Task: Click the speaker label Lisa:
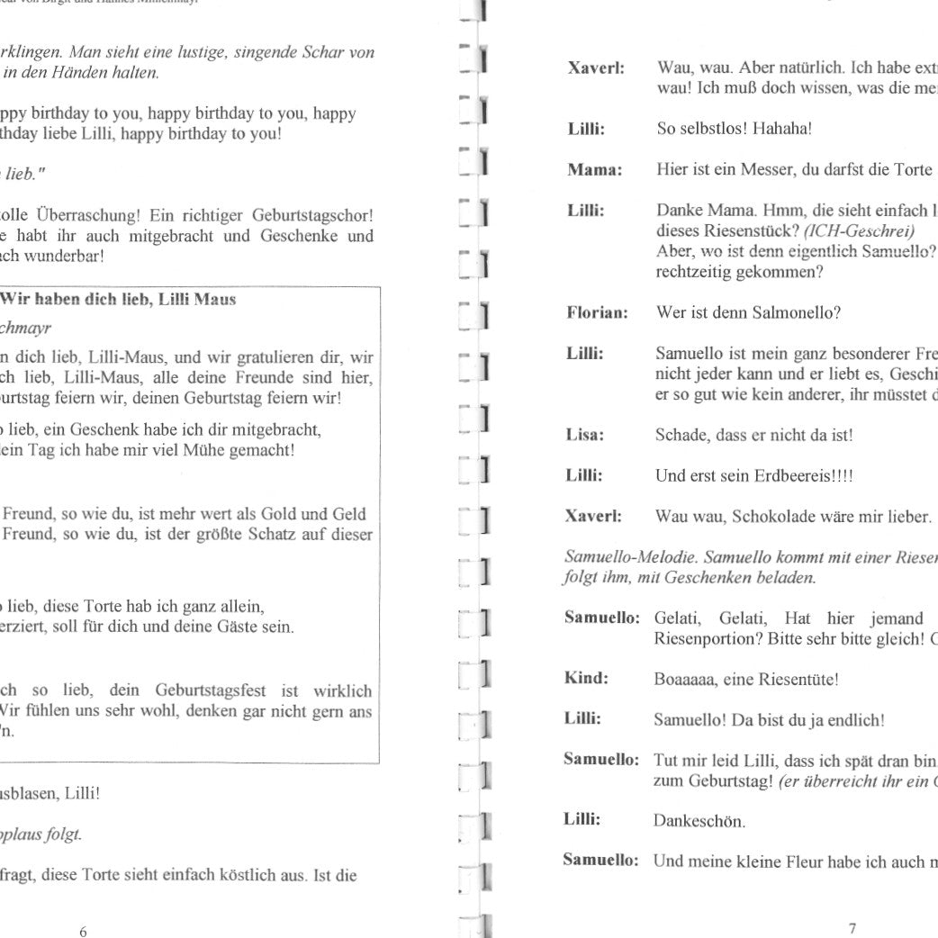coord(585,435)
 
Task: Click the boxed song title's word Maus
coord(218,300)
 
